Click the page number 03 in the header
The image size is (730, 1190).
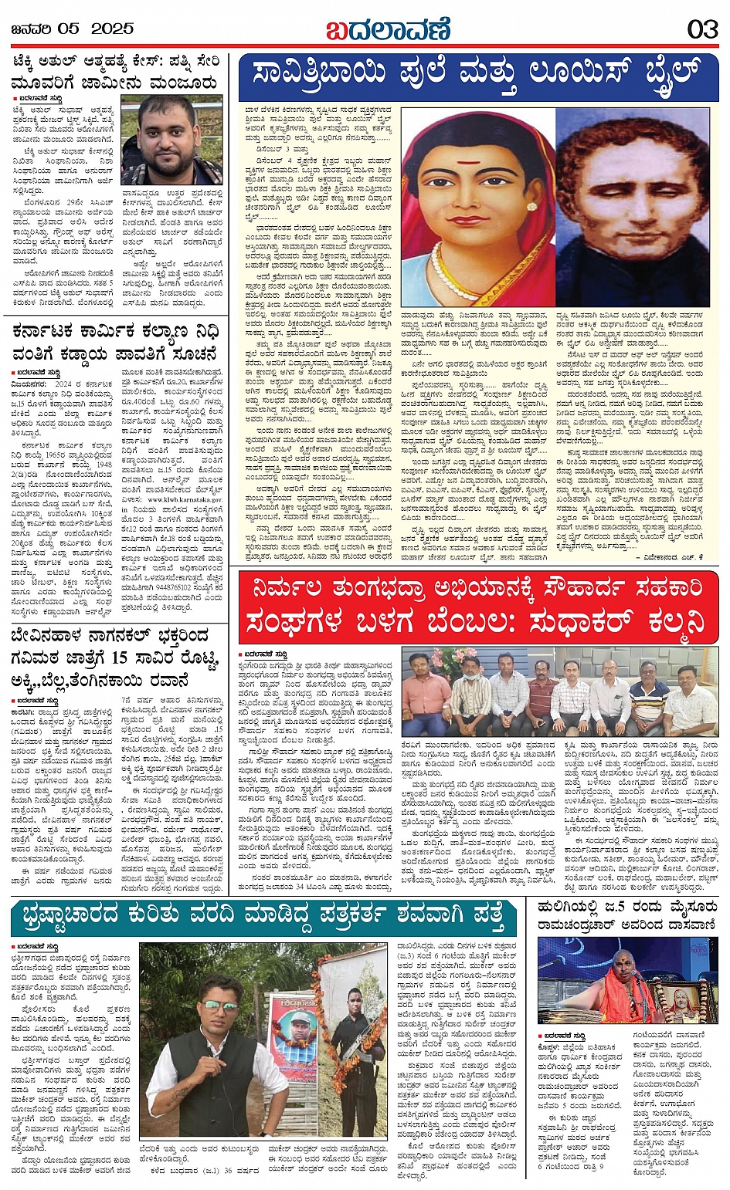702,29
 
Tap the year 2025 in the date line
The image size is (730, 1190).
113,29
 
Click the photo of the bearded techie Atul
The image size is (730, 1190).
171,140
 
